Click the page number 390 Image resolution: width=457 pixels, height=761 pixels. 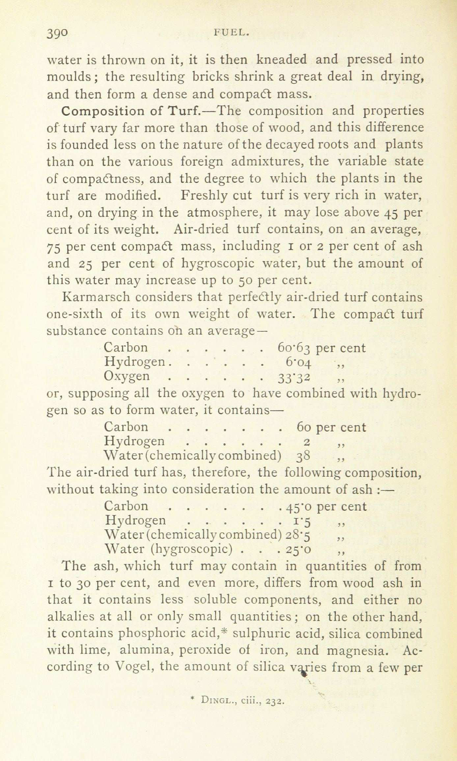pyautogui.click(x=58, y=34)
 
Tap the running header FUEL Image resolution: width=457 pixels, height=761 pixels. pyautogui.click(x=230, y=32)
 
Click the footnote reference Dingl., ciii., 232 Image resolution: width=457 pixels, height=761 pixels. pyautogui.click(x=238, y=701)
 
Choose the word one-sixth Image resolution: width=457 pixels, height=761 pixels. pyautogui.click(x=75, y=314)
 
